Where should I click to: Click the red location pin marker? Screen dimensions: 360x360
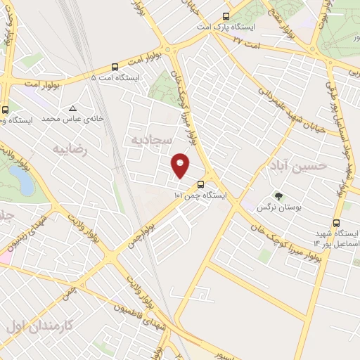click(181, 165)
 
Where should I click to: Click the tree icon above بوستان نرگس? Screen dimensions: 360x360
click(279, 197)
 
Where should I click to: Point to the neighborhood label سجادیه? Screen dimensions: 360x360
click(148, 139)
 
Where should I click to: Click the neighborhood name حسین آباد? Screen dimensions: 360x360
click(298, 166)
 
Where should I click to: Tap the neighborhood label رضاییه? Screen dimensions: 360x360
click(69, 149)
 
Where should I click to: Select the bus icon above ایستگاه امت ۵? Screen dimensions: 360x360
click(115, 65)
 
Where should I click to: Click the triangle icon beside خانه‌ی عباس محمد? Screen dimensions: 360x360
click(72, 108)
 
